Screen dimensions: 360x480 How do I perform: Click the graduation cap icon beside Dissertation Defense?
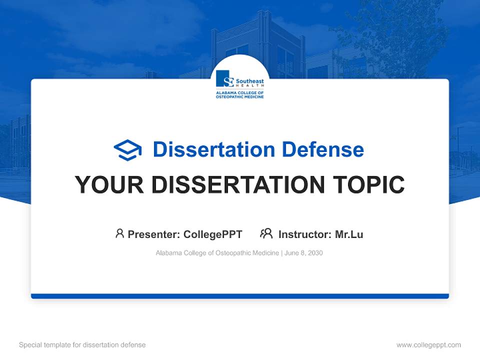pos(127,150)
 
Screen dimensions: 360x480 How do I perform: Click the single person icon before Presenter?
pos(119,233)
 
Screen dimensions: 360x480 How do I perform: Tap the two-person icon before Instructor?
pos(266,233)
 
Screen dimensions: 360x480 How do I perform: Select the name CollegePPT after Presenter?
pos(213,234)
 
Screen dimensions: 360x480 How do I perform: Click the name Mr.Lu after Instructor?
pos(349,234)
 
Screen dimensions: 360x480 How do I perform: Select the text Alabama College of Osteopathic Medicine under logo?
pos(239,94)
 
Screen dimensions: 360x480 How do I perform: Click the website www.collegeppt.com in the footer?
pos(428,345)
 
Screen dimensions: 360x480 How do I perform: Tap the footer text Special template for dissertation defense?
pos(82,345)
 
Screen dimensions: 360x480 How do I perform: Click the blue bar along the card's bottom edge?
pos(240,296)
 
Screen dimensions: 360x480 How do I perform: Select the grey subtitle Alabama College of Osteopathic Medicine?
pos(217,253)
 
